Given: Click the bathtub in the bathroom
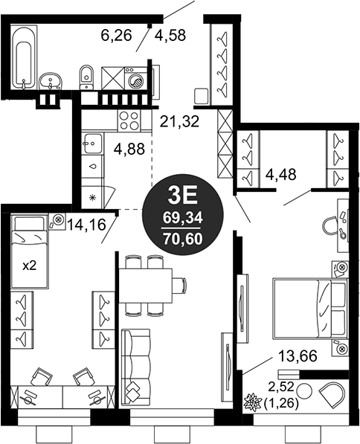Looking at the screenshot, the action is point(24,57).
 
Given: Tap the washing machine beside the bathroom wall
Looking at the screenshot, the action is point(136,79).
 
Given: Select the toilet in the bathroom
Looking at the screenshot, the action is point(86,78).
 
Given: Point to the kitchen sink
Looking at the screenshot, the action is point(91,144).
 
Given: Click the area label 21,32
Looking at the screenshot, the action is point(179,122).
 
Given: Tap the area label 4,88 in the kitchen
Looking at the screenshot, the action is point(129,149).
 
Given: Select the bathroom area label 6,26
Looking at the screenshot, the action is point(117,36).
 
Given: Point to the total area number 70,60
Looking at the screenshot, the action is point(183,239).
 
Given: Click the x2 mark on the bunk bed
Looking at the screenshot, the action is point(30,266).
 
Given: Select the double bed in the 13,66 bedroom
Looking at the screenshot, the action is point(310,309).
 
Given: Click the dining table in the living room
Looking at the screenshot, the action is point(146,285).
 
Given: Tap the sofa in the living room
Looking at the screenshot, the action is point(135,367).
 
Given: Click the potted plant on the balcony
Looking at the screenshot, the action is point(253,402).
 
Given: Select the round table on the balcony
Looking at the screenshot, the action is point(304,391).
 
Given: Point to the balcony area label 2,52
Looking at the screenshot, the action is point(281,387).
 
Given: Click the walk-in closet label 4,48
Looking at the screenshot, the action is point(280,175).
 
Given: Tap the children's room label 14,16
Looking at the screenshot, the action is point(86,225).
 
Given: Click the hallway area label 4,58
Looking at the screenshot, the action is point(170,36).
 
